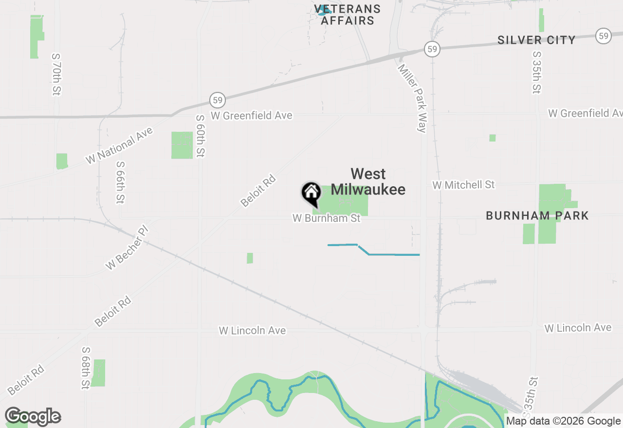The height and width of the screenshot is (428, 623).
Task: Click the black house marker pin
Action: click(311, 193)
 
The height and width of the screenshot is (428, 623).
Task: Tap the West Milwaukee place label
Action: click(368, 181)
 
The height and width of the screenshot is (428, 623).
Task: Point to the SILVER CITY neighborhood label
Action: click(536, 40)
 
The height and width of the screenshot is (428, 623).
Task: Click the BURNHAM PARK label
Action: click(537, 215)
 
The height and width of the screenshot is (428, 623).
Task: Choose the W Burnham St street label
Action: click(327, 218)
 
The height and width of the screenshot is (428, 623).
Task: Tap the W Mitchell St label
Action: click(463, 185)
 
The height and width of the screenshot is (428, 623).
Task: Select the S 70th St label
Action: click(56, 74)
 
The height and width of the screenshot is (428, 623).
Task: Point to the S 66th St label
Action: click(120, 182)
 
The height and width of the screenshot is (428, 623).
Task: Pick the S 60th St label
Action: click(200, 136)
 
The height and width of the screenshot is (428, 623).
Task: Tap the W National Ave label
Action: click(119, 145)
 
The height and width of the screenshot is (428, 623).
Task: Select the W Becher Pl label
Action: click(127, 248)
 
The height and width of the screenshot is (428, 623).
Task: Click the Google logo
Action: click(33, 416)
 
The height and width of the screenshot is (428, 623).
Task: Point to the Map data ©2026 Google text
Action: click(564, 421)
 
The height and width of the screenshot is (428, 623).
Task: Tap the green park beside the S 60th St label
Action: click(182, 145)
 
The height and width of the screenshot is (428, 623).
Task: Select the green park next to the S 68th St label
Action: click(98, 373)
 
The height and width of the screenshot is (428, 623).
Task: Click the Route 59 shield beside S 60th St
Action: click(218, 101)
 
